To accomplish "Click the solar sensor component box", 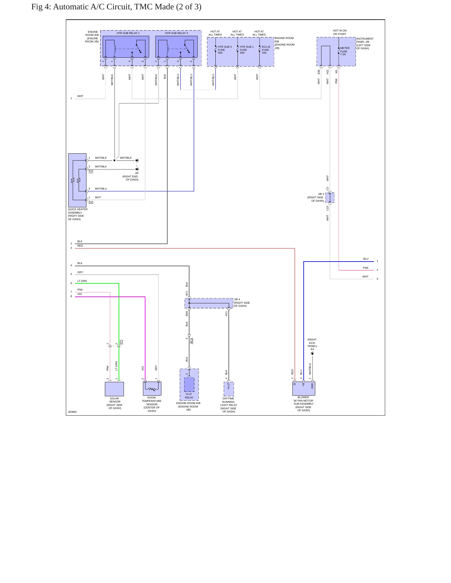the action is click(114, 389).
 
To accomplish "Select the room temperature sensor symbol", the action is click(152, 388).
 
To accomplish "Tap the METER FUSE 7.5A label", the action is click(345, 51).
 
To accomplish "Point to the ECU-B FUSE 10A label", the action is click(266, 50).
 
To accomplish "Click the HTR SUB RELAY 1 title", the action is click(128, 33).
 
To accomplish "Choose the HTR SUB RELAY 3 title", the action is click(177, 33).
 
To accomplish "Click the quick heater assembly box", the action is click(77, 180).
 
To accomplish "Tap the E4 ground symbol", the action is click(312, 353).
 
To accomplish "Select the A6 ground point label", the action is click(137, 173).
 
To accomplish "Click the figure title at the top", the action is click(116, 7).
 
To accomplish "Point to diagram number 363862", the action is click(72, 412).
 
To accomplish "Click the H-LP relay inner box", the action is click(189, 384).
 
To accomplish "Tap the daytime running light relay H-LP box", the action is click(229, 389).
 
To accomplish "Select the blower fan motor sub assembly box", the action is click(304, 388).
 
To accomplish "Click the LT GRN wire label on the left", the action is click(82, 281).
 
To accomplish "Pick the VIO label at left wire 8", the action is click(80, 294).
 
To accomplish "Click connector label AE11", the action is click(191, 341).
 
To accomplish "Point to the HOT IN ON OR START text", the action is click(340, 32).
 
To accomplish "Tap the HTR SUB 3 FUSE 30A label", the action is click(224, 50).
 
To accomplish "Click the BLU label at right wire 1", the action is click(366, 259).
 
